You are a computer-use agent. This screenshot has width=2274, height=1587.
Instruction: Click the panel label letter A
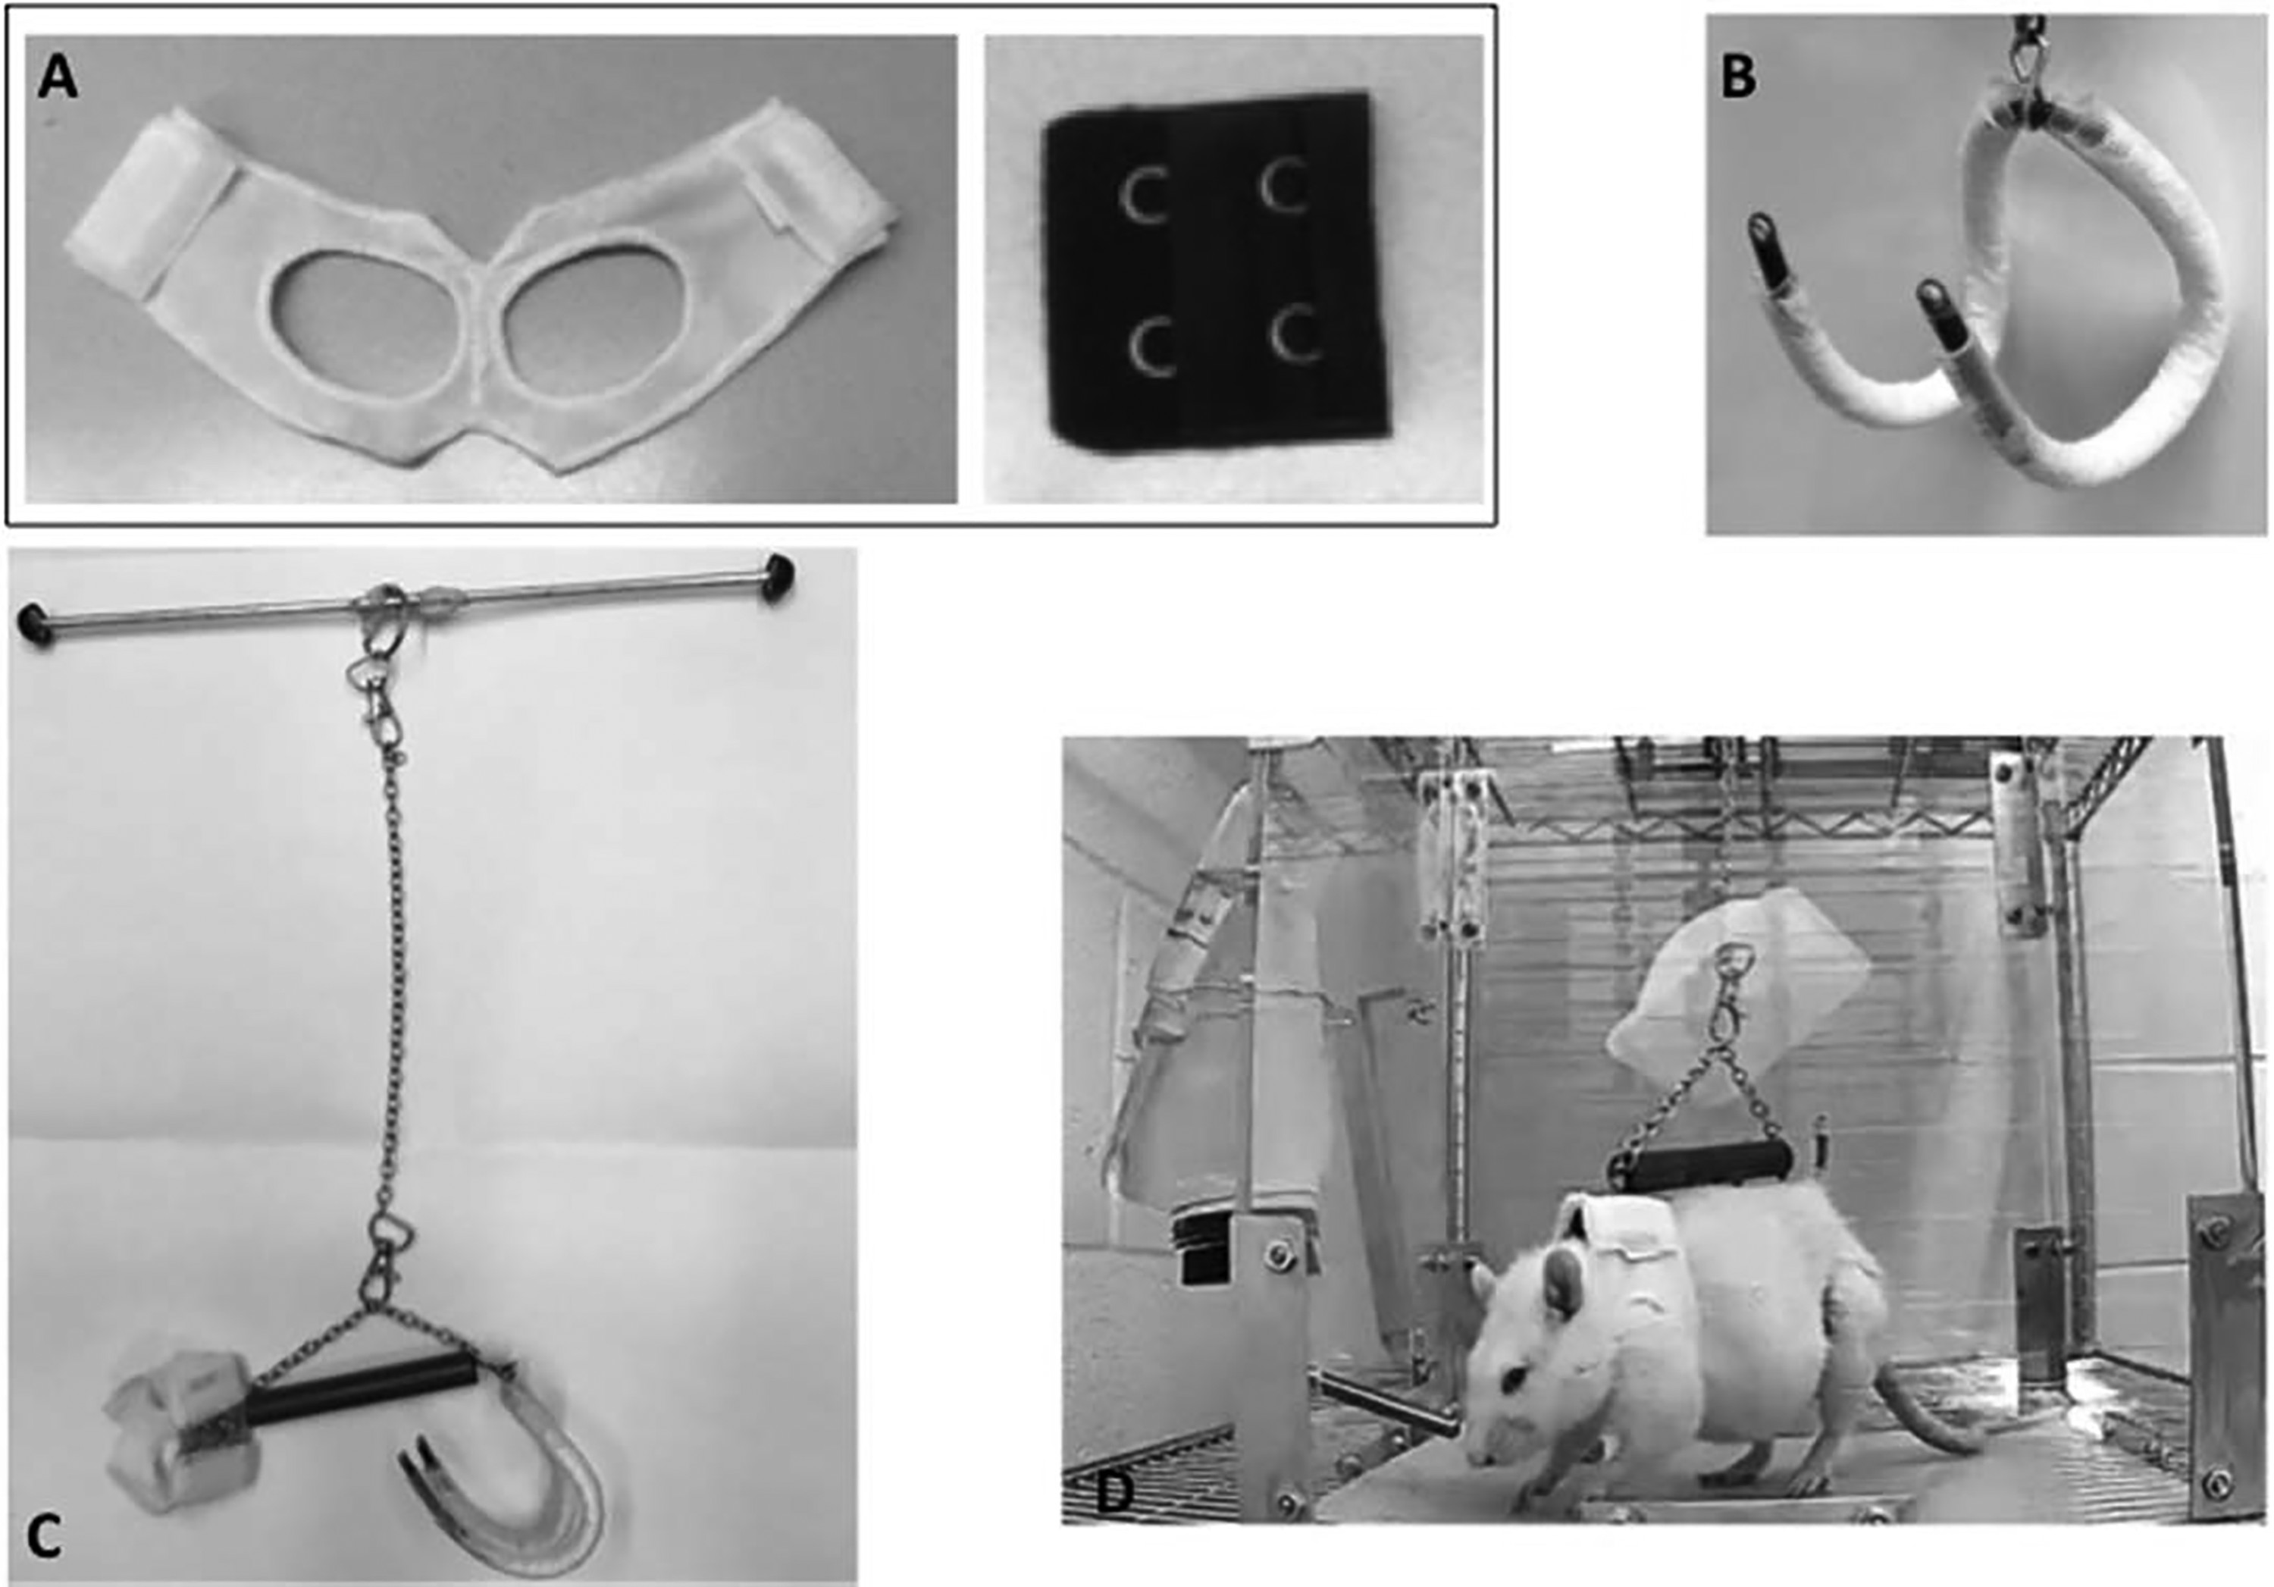58,78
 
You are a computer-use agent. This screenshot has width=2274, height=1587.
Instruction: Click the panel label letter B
1739,77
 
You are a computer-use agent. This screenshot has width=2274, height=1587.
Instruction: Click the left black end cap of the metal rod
36,625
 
